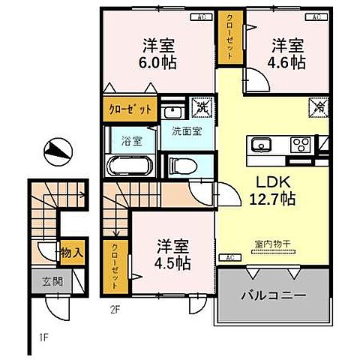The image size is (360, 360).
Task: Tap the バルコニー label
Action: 274,296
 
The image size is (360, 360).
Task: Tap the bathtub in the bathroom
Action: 130,165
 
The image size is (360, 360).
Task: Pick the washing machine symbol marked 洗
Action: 201,108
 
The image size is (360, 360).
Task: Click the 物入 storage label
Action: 71,253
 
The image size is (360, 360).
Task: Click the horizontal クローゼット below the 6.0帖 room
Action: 130,108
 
